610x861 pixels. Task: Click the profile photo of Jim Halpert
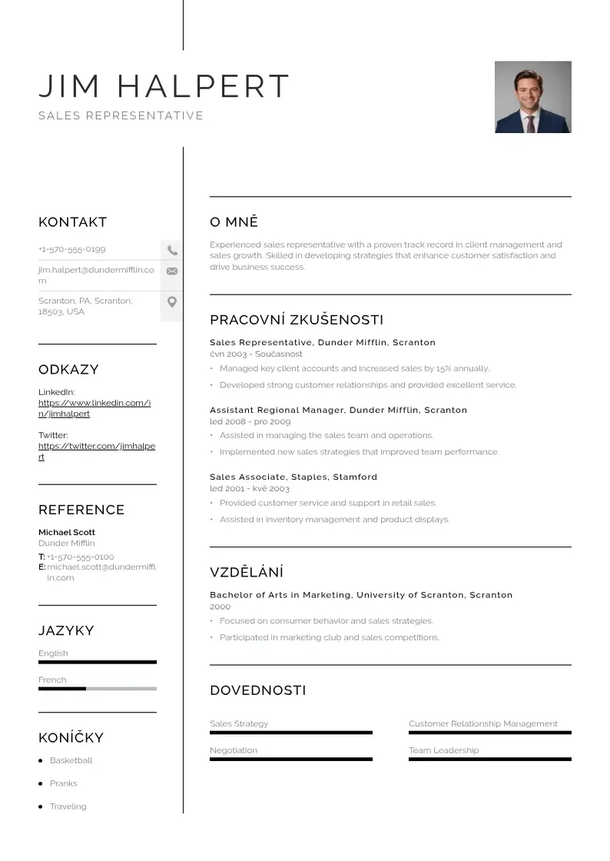(532, 97)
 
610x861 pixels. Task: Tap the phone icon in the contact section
(172, 250)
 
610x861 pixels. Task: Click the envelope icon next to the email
(172, 271)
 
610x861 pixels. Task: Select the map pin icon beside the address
(172, 302)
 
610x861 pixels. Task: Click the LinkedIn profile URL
(94, 408)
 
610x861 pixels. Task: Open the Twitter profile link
(96, 451)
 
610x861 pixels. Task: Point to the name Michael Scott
(67, 532)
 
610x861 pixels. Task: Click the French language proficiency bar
(97, 689)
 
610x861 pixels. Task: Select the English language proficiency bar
(97, 662)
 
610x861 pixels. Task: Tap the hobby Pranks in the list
(63, 783)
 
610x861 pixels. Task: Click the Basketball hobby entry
(71, 760)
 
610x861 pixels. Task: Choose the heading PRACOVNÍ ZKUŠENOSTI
(297, 320)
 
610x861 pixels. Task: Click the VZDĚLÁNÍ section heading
(247, 572)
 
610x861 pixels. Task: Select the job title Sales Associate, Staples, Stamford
(293, 477)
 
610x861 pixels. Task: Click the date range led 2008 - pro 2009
(250, 421)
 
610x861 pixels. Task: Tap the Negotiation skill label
(234, 750)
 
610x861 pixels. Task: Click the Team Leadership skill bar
(489, 760)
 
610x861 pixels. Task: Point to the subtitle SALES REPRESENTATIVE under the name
(121, 116)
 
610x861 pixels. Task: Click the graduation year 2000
(220, 607)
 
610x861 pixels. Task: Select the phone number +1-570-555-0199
(72, 249)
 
